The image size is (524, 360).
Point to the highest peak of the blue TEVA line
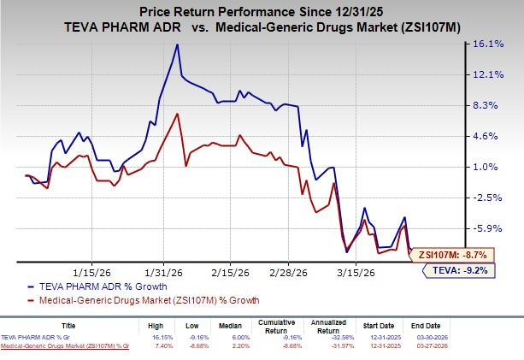point(177,44)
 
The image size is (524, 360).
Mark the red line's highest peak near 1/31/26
point(177,114)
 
